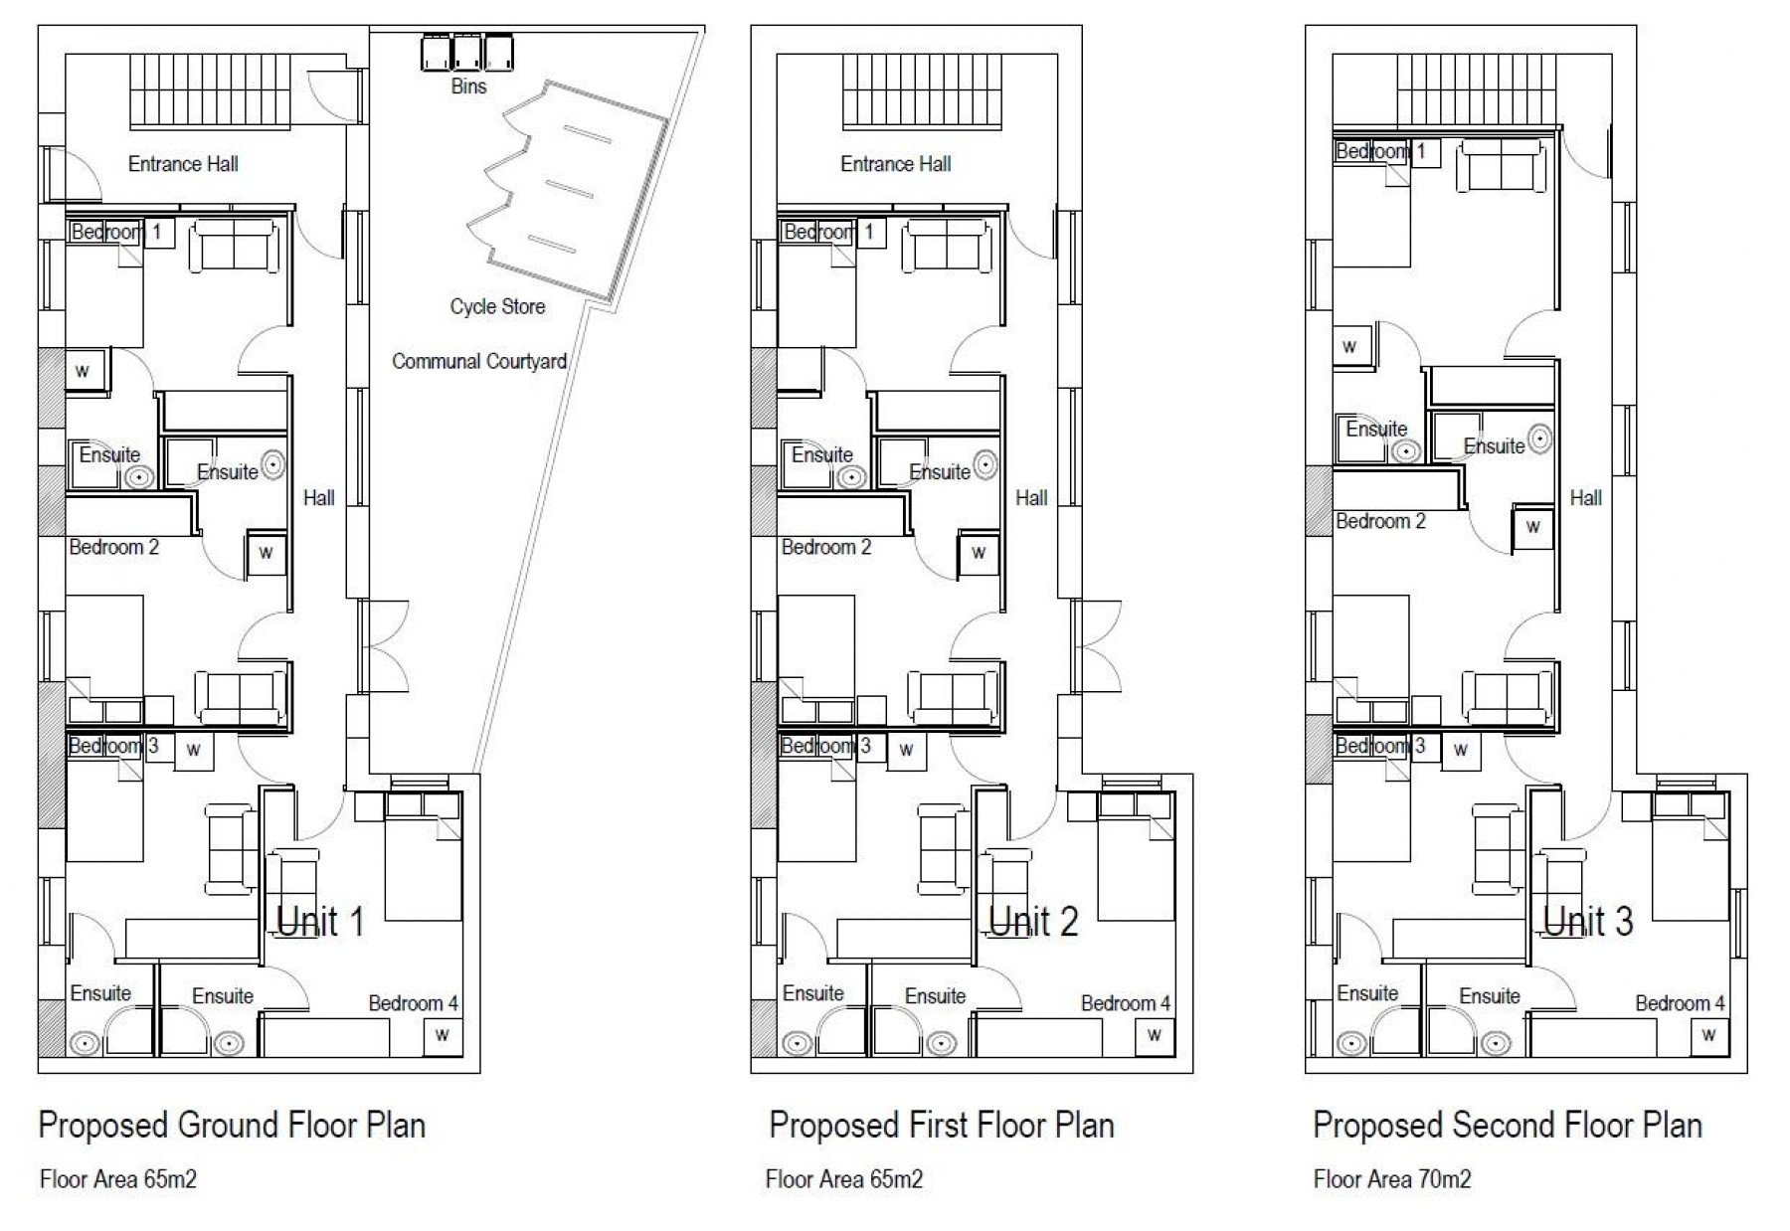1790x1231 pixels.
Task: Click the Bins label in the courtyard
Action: pyautogui.click(x=468, y=87)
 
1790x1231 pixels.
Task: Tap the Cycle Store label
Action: pyautogui.click(x=497, y=306)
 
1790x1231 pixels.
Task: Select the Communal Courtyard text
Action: pyautogui.click(x=479, y=361)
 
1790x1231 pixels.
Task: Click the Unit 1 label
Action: pyautogui.click(x=320, y=922)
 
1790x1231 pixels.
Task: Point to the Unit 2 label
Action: pyautogui.click(x=1033, y=922)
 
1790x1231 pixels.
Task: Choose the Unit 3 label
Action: pyautogui.click(x=1587, y=922)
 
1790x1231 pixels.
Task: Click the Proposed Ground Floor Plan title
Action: pyautogui.click(x=232, y=1125)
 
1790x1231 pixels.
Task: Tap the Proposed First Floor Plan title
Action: pyautogui.click(x=942, y=1125)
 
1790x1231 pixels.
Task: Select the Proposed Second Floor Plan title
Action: pyautogui.click(x=1508, y=1125)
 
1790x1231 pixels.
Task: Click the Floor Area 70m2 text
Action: pyautogui.click(x=1392, y=1179)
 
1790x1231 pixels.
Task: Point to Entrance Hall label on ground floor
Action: pyautogui.click(x=183, y=164)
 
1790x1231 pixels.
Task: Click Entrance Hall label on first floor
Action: pyautogui.click(x=896, y=164)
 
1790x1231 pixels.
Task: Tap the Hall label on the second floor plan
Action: pyautogui.click(x=1586, y=497)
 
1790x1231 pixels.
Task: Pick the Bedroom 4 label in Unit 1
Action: pyautogui.click(x=414, y=1003)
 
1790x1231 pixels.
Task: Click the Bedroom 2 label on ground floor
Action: pyautogui.click(x=114, y=547)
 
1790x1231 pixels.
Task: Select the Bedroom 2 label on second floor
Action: pyautogui.click(x=1380, y=521)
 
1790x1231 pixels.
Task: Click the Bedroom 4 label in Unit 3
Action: pyautogui.click(x=1681, y=1003)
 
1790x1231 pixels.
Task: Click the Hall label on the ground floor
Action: pyautogui.click(x=319, y=497)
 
